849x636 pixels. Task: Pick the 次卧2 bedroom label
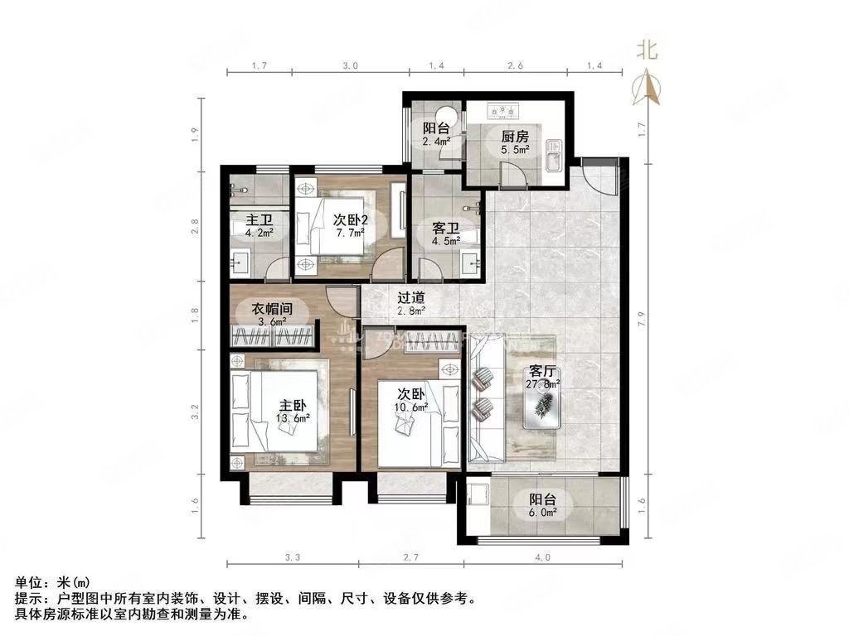pyautogui.click(x=350, y=219)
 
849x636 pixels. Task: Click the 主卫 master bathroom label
pyautogui.click(x=260, y=220)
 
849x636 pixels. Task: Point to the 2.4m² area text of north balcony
pyautogui.click(x=436, y=141)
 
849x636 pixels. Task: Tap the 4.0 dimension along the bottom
pyautogui.click(x=542, y=557)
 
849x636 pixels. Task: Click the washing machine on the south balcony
pyautogui.click(x=478, y=496)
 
